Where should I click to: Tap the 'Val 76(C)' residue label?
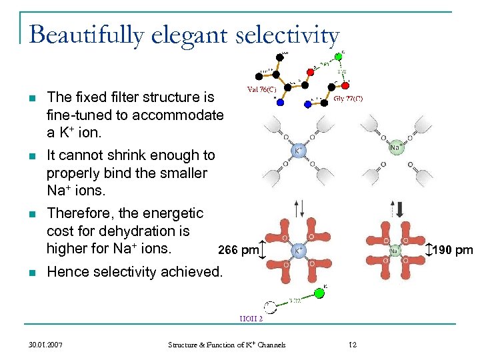(x=263, y=89)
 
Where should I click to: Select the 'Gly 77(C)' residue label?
(x=348, y=99)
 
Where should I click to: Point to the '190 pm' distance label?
(x=454, y=251)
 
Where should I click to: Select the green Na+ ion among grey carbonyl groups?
(x=395, y=148)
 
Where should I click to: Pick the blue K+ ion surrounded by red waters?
(x=300, y=251)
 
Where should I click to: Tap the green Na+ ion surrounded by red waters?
(x=395, y=251)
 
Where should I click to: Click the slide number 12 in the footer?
(x=353, y=345)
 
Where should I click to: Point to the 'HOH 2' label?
(x=251, y=319)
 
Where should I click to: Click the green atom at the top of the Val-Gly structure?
(x=338, y=57)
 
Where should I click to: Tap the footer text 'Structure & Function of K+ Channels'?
(x=227, y=345)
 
